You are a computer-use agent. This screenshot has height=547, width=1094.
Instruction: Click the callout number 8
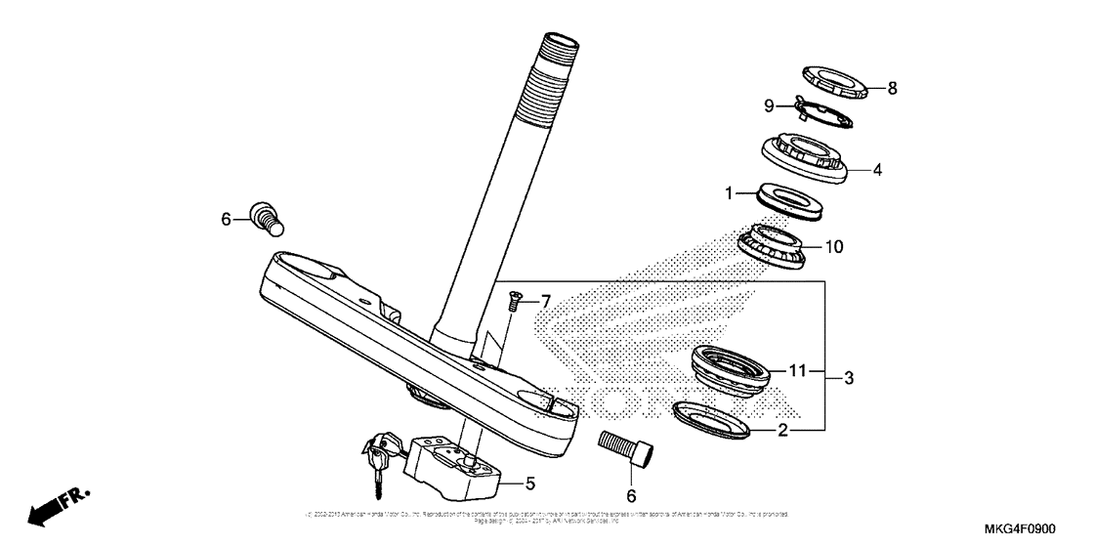pyautogui.click(x=892, y=88)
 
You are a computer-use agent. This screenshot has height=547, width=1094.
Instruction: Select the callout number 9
pyautogui.click(x=769, y=105)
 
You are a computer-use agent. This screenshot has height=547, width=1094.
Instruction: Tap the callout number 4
pyautogui.click(x=877, y=169)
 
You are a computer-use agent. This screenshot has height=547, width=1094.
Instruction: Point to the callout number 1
pyautogui.click(x=729, y=194)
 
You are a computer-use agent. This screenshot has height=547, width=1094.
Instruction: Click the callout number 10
pyautogui.click(x=832, y=247)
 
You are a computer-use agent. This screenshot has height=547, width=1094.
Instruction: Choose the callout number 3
pyautogui.click(x=849, y=377)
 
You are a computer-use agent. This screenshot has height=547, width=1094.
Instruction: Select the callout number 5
pyautogui.click(x=530, y=482)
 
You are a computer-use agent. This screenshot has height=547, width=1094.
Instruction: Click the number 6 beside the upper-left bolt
pyautogui.click(x=227, y=220)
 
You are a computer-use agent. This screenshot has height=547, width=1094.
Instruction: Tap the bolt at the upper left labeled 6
pyautogui.click(x=267, y=217)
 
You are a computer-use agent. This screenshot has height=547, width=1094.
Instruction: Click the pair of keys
pyautogui.click(x=376, y=459)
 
